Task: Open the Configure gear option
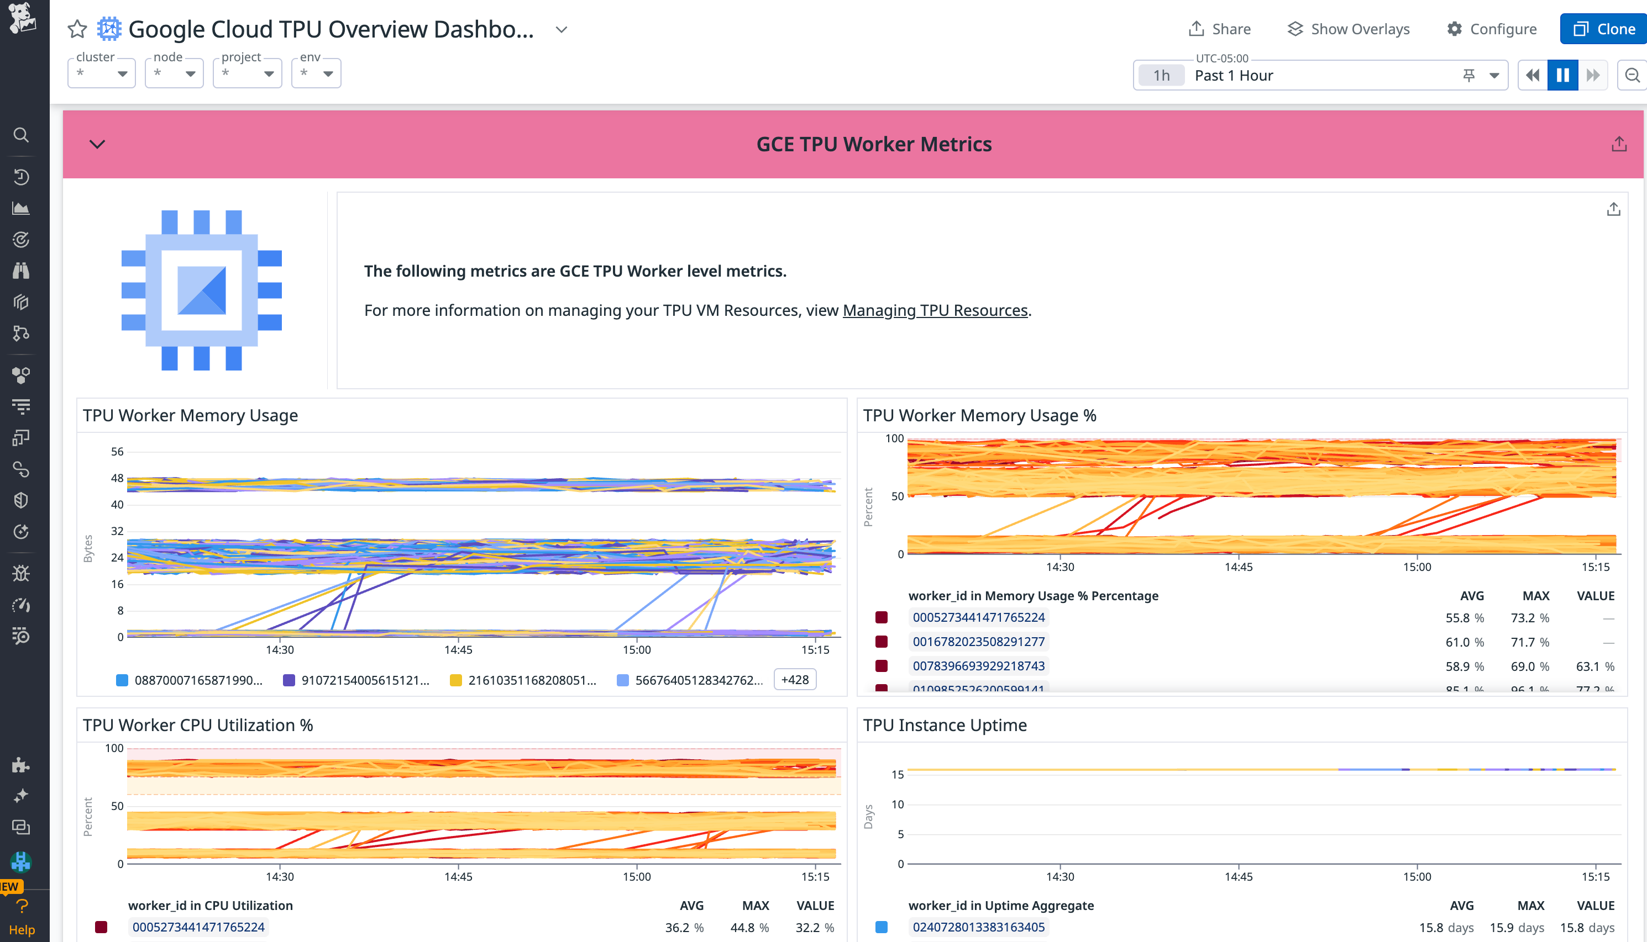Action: tap(1492, 29)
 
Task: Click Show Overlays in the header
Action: tap(1349, 29)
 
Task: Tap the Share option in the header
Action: tap(1220, 29)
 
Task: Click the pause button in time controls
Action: tap(1562, 76)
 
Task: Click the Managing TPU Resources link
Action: tap(935, 310)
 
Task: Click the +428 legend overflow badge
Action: tap(795, 679)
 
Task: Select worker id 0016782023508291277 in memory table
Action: tap(978, 642)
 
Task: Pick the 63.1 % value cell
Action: tap(1594, 666)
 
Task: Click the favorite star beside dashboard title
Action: tap(77, 29)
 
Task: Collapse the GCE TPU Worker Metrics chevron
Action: tap(97, 144)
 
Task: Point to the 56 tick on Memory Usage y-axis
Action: tap(117, 452)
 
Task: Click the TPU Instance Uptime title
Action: tap(945, 725)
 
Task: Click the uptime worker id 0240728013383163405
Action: tap(978, 927)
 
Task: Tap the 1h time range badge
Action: tap(1161, 76)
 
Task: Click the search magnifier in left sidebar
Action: tap(22, 135)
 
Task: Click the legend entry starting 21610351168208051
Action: tap(531, 680)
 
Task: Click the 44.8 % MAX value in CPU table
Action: tap(749, 927)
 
